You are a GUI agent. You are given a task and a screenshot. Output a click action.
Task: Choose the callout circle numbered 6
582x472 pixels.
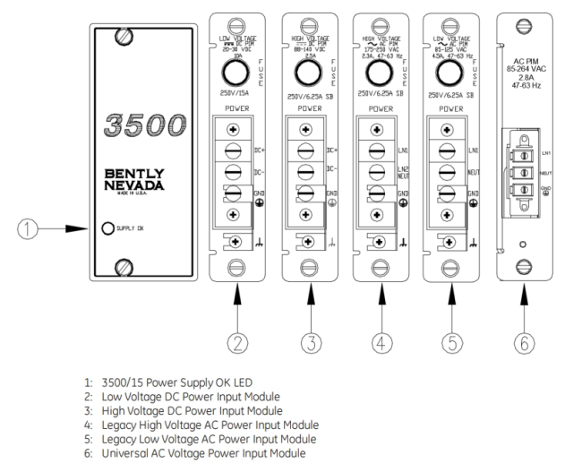pos(527,340)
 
